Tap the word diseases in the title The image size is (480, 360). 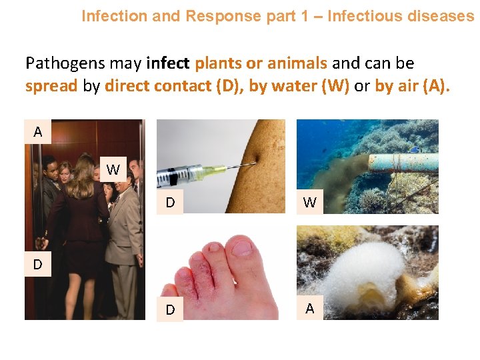(441, 16)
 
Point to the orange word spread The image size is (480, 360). (51, 87)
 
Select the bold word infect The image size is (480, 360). (167, 64)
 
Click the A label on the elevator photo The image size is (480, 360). (38, 132)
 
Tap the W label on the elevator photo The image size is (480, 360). (113, 169)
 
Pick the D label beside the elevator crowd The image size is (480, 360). (38, 265)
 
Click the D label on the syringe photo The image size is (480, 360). (170, 202)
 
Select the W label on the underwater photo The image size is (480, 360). (310, 202)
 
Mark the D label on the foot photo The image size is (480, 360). (170, 310)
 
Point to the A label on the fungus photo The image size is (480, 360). (310, 308)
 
